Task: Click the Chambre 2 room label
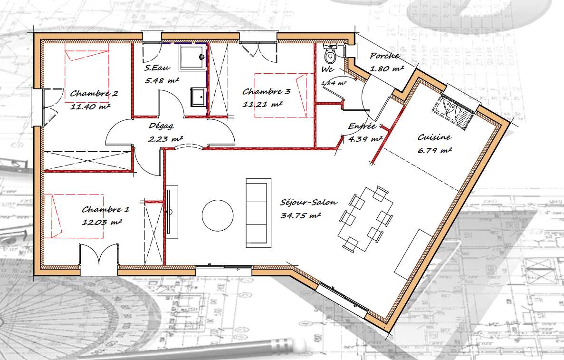pos(94,93)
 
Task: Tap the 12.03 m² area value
pos(102,222)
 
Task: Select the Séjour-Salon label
pos(309,202)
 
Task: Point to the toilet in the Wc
pos(330,53)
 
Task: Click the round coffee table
pos(218,215)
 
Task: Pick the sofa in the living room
pos(258,213)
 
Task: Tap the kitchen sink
pos(454,112)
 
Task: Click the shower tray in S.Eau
pos(192,57)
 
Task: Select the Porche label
pos(384,56)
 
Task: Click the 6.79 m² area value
pos(434,150)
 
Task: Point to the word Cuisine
pos(434,137)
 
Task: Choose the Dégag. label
pos(162,126)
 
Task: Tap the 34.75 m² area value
pos(301,215)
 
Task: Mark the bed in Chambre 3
pos(280,96)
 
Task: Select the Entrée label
pos(362,126)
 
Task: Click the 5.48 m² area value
pos(162,80)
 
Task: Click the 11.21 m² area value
pos(262,105)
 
